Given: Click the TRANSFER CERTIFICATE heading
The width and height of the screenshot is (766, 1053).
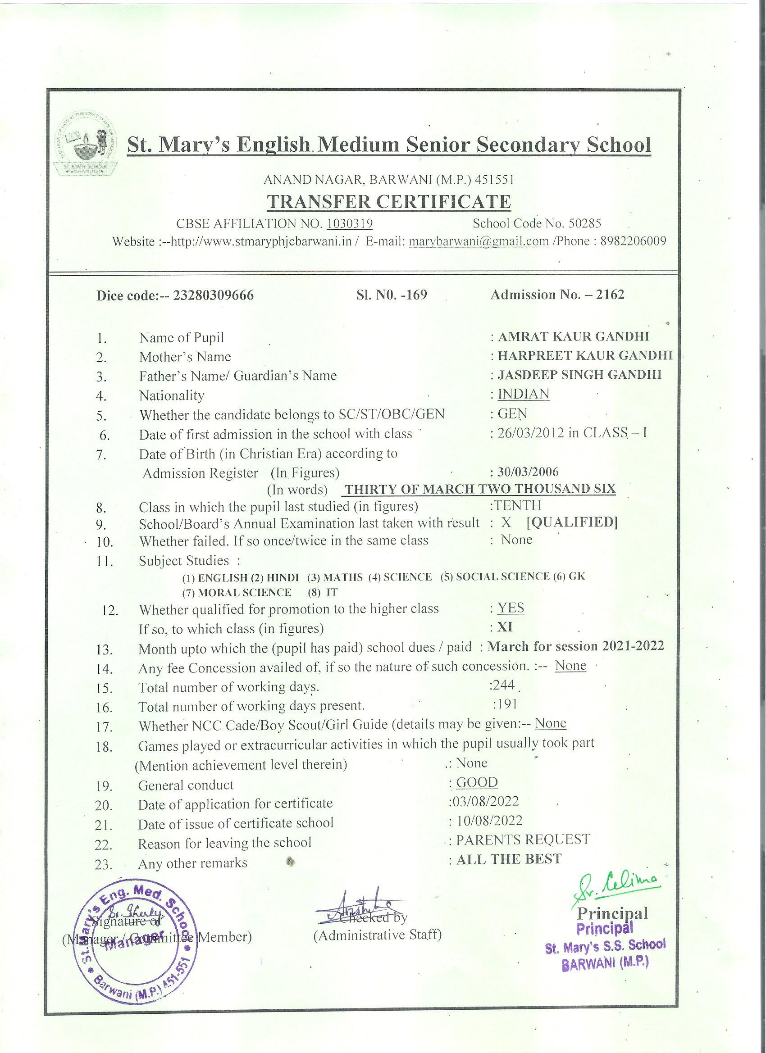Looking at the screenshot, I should coord(388,201).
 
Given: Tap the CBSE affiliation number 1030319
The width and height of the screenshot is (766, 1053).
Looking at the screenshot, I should coord(349,224).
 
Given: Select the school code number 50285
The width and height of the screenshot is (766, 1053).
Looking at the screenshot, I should coord(585,223).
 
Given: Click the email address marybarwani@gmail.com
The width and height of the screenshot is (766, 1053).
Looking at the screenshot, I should coord(479,241).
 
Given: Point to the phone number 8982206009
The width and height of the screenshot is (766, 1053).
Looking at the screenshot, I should coord(633,241).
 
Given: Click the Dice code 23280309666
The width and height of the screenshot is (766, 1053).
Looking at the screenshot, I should coord(213,296).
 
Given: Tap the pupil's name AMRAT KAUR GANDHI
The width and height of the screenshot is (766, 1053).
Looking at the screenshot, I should coord(573,336).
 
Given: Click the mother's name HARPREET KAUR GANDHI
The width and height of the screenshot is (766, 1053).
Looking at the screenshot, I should coord(585,356).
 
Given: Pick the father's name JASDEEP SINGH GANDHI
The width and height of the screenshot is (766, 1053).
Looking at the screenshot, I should coord(579,375).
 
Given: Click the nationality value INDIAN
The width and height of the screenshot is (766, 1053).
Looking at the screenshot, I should coord(524,394).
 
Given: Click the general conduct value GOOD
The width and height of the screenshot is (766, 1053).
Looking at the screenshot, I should coord(477,782).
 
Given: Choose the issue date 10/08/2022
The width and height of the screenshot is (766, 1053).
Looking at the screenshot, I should coord(489,821).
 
